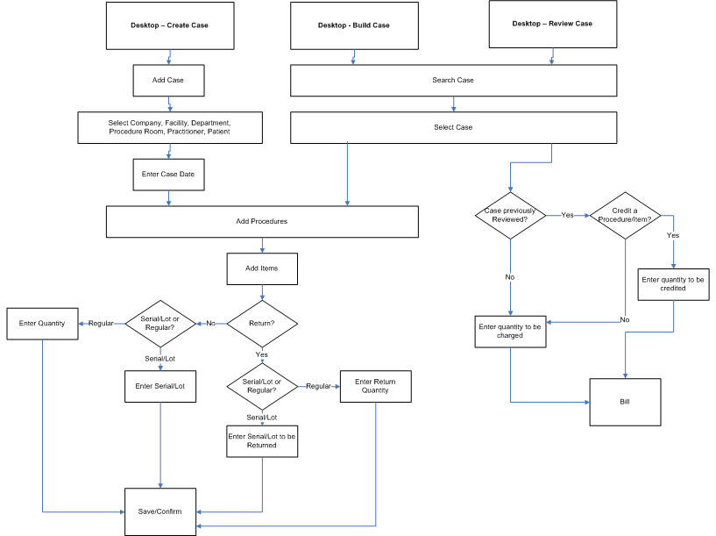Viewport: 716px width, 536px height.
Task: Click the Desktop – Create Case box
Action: coord(168,25)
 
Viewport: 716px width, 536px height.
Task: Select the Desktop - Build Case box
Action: coord(353,25)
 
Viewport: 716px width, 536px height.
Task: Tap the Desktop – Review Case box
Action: coord(552,24)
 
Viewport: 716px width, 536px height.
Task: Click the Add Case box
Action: coord(168,80)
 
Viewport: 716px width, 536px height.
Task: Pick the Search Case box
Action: coord(453,80)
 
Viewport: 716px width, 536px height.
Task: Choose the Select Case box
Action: coord(453,127)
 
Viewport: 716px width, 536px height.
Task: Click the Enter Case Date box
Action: coord(168,174)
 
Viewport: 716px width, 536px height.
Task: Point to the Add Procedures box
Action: coord(261,221)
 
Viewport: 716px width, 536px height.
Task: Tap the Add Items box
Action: coord(262,268)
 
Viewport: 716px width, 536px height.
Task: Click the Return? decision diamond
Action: coord(262,324)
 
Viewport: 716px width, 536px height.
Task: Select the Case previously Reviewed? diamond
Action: coord(510,215)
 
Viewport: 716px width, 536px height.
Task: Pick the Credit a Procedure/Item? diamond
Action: coord(624,215)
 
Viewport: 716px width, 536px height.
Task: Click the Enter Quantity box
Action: coord(42,324)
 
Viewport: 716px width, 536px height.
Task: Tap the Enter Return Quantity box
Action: coord(375,387)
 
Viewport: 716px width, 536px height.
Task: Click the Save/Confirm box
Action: coord(160,511)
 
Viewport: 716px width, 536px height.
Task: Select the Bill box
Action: coord(625,402)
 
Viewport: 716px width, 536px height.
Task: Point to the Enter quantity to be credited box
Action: coord(673,284)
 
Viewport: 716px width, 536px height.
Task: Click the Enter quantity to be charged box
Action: coord(510,331)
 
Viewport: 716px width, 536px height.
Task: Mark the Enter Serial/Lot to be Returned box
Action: coord(262,440)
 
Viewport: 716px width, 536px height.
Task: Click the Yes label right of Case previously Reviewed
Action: coord(567,215)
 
